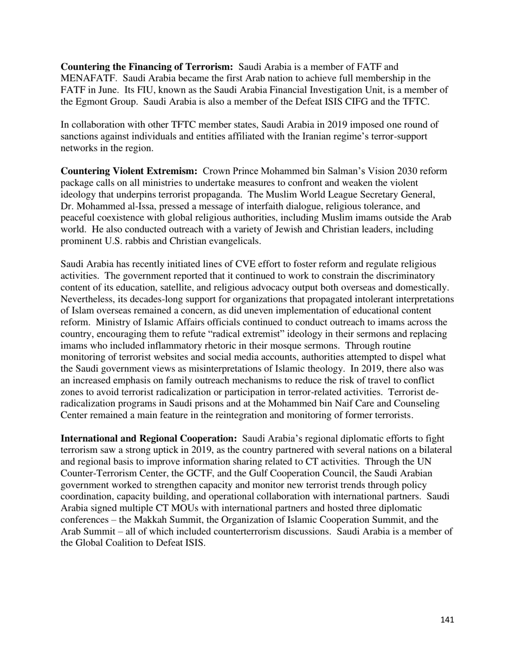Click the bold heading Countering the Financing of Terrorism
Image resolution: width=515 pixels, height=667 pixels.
[146, 67]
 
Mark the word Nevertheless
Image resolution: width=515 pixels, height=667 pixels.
[88, 299]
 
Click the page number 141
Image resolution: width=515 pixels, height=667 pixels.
[447, 620]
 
